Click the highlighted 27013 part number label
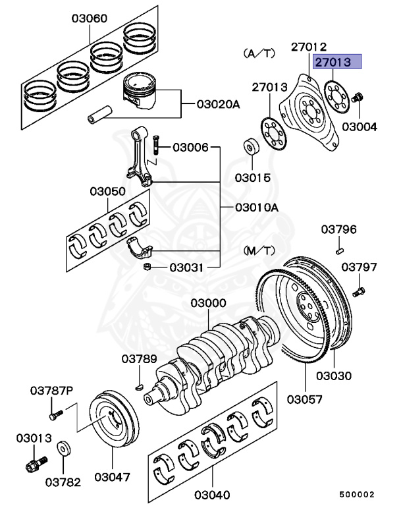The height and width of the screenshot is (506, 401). pos(338,62)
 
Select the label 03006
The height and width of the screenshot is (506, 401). pos(190,148)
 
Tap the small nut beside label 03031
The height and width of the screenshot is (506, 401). pos(149,267)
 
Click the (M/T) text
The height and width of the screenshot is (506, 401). pos(259,250)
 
